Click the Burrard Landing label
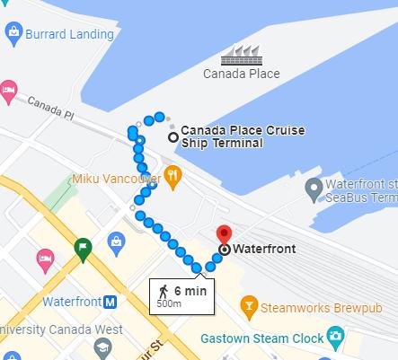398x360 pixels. [73, 34]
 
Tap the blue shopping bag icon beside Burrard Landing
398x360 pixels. [13, 34]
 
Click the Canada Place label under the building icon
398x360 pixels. [241, 74]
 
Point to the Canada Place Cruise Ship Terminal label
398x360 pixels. [242, 136]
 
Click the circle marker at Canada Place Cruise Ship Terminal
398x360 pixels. [172, 136]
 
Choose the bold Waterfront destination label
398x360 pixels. [260, 249]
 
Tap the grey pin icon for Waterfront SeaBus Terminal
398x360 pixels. [314, 189]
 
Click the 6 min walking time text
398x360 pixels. [190, 291]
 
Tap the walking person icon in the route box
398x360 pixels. [164, 291]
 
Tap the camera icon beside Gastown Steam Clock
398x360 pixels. [335, 338]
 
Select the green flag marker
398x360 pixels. [83, 249]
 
